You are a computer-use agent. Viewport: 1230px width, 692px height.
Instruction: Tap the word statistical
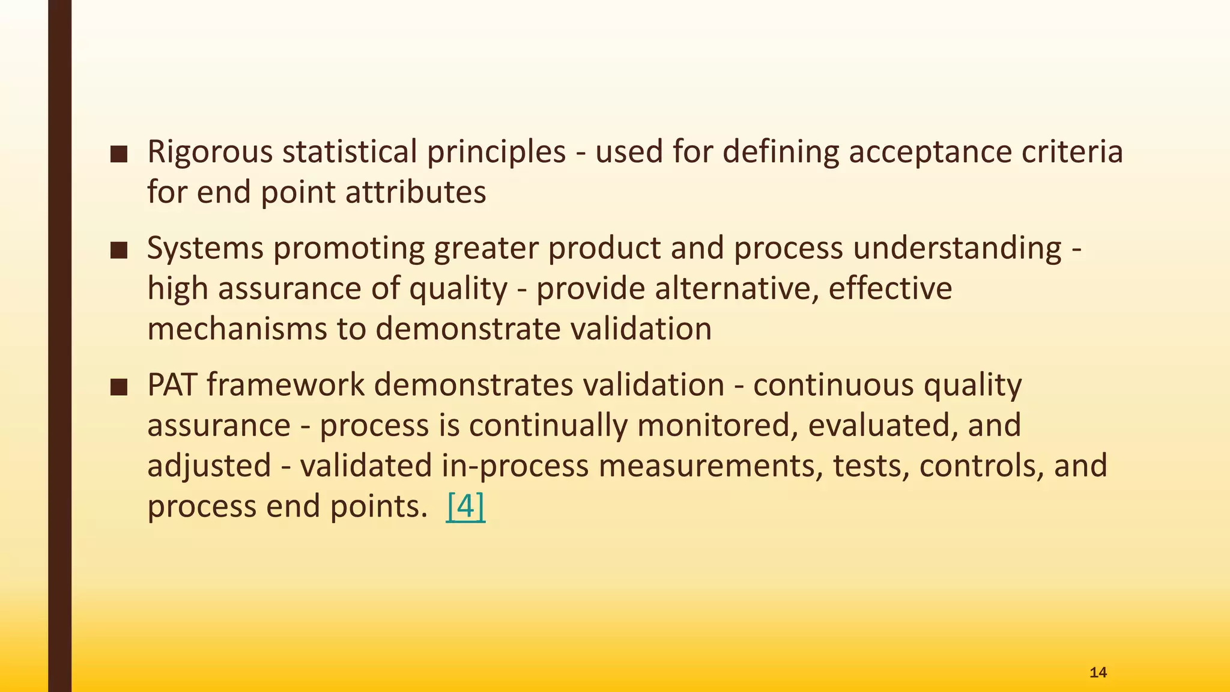point(349,151)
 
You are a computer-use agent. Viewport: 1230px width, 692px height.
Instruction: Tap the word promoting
point(349,249)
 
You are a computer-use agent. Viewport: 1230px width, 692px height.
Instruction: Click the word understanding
point(957,249)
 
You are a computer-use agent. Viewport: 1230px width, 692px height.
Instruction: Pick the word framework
point(285,384)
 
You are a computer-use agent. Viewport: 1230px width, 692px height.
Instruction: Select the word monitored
point(716,425)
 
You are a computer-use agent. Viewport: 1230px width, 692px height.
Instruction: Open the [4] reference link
point(465,506)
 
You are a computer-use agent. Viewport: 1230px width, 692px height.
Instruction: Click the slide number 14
point(1098,672)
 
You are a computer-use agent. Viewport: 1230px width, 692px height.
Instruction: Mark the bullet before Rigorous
point(119,154)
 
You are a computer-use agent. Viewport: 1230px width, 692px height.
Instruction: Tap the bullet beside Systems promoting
point(119,250)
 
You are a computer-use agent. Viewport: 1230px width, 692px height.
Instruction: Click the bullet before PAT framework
point(119,387)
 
